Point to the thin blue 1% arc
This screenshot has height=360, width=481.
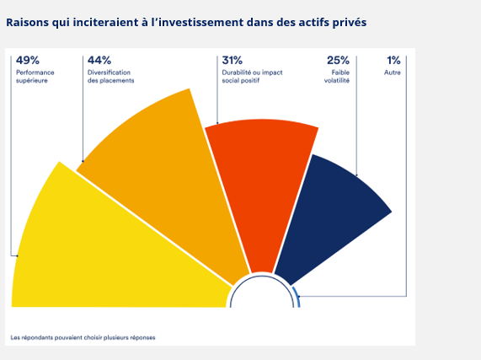tap(297, 297)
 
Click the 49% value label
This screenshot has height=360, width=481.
tap(28, 60)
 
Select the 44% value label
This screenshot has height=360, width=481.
tap(99, 60)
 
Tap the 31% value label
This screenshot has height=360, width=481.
tap(232, 60)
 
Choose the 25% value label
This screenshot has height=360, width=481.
tap(338, 60)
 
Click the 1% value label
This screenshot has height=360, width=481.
tap(393, 60)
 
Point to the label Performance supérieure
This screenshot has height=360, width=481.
tap(35, 77)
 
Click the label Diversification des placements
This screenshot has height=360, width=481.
tap(110, 77)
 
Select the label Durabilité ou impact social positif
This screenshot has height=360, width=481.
tap(252, 77)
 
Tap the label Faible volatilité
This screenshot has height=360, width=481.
tap(337, 77)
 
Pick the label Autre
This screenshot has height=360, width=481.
tap(393, 73)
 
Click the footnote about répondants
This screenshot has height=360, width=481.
tap(83, 337)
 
